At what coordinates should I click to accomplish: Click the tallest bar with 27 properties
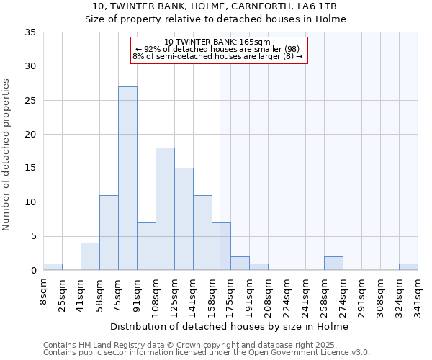[x=127, y=179]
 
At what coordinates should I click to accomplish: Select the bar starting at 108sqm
[x=165, y=209]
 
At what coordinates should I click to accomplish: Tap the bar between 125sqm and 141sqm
[x=184, y=219]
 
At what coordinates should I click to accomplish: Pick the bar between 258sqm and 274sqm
[x=333, y=264]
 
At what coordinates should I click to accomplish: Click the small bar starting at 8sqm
[x=53, y=267]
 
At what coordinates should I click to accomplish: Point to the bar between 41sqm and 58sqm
[x=90, y=256]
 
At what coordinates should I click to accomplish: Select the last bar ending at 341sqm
[x=408, y=267]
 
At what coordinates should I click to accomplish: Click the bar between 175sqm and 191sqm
[x=240, y=264]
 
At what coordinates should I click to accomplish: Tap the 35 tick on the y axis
[x=31, y=32]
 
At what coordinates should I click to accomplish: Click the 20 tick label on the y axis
[x=31, y=135]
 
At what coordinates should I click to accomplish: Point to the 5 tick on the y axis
[x=34, y=237]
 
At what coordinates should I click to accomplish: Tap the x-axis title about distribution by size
[x=230, y=327]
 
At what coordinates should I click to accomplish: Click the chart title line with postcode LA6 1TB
[x=216, y=6]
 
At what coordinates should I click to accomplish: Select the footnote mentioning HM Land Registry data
[x=206, y=346]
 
